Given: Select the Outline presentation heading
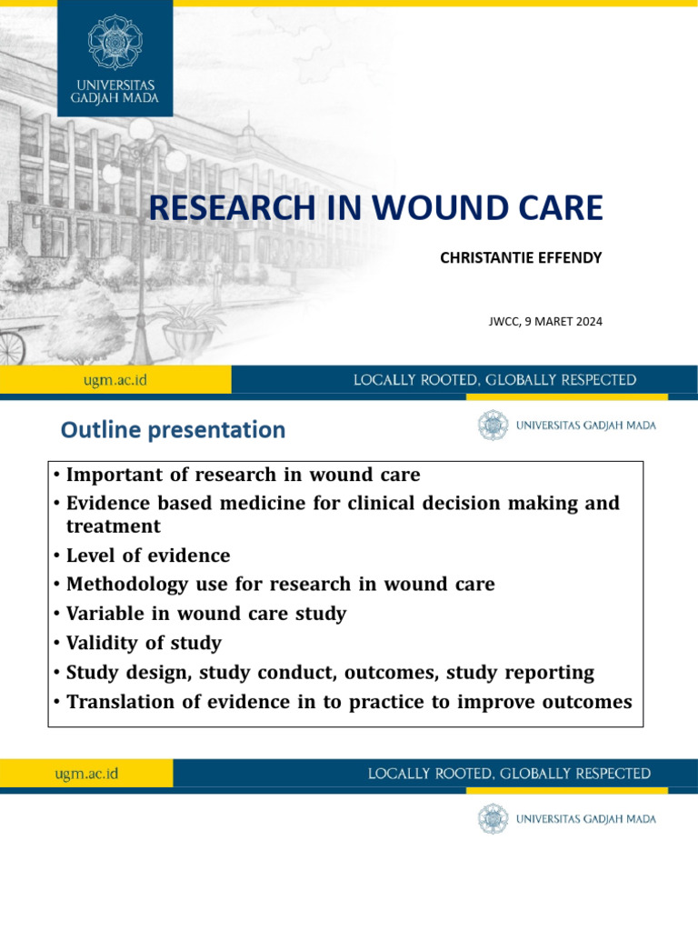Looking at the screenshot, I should pos(173,429).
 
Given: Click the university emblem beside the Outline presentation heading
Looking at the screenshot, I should pos(494,425).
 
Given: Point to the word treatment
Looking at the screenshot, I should pos(113,526).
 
